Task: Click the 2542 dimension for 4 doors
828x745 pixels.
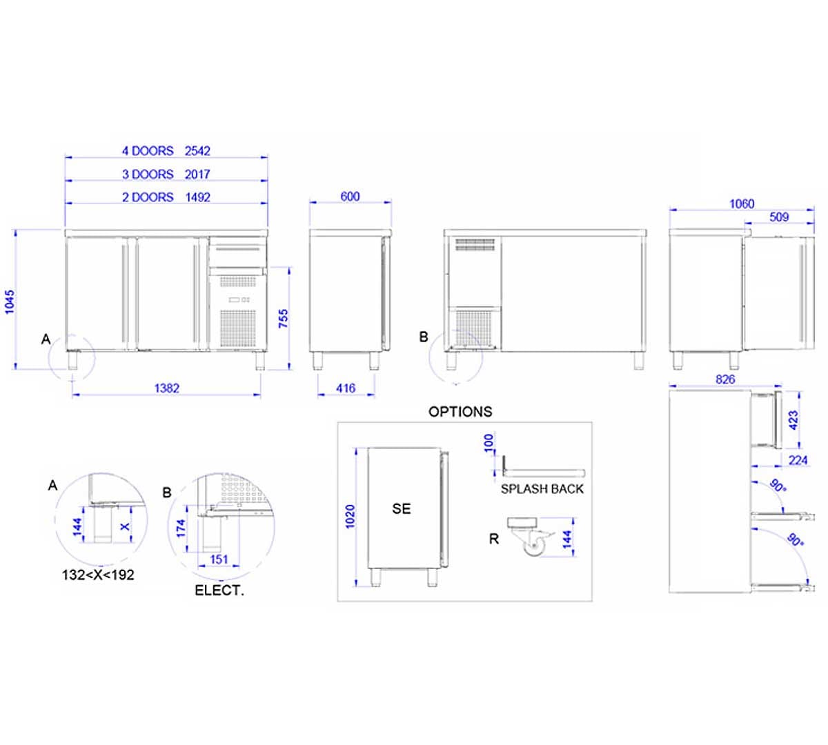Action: point(197,151)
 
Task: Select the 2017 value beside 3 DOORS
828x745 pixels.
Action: point(197,174)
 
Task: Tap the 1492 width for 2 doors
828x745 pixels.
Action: point(198,197)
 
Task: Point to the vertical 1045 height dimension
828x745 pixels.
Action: point(10,301)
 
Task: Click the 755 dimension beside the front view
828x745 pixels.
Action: point(283,318)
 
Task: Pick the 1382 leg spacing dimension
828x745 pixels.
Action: point(167,388)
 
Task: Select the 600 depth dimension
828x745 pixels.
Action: point(350,197)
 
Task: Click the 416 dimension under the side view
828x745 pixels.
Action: point(346,388)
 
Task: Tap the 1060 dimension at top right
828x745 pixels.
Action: point(742,204)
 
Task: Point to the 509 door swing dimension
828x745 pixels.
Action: point(779,217)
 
